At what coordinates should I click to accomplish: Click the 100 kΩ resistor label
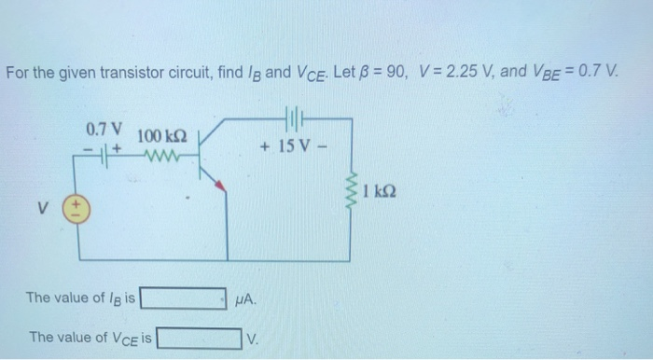[x=164, y=137]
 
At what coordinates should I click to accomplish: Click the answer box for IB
[x=183, y=298]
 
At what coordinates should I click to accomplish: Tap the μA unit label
[x=243, y=299]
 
